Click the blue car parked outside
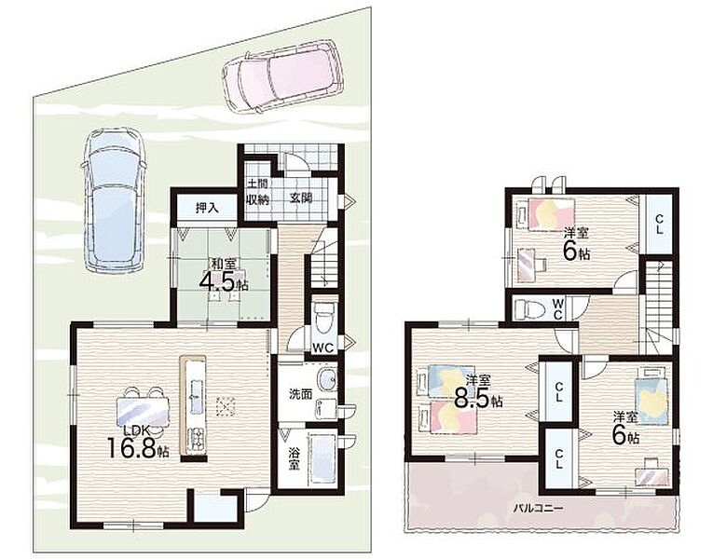tap(114, 200)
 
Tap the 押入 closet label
tap(207, 208)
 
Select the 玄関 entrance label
tap(301, 198)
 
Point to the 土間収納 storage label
tap(258, 192)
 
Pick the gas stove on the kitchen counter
tap(196, 440)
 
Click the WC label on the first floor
tap(322, 348)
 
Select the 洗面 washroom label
tap(301, 394)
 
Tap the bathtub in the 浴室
tap(322, 458)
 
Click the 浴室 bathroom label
tap(295, 459)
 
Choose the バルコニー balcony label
tap(539, 508)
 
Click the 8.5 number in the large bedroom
tap(474, 399)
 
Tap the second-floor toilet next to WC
tap(529, 310)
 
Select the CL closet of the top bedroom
tap(658, 225)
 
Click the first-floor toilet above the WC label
tap(323, 320)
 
